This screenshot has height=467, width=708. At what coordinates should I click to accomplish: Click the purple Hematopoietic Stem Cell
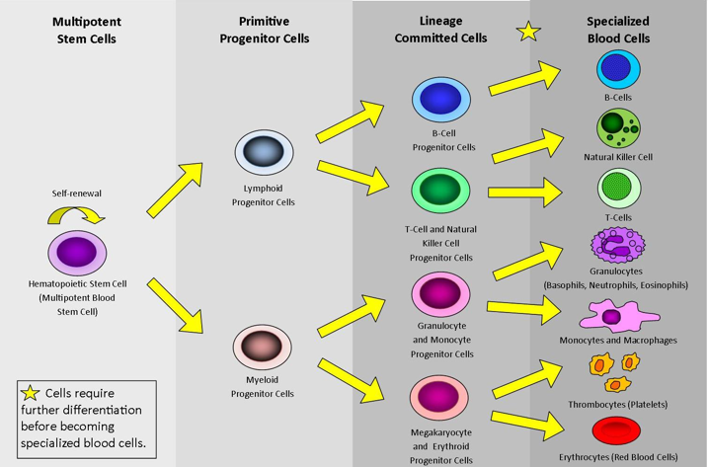[x=76, y=252]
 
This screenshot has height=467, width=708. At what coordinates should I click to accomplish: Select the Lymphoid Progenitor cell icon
[x=264, y=152]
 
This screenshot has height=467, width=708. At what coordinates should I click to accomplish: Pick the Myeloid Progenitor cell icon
[x=263, y=348]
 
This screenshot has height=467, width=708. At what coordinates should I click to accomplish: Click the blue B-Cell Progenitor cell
[x=441, y=100]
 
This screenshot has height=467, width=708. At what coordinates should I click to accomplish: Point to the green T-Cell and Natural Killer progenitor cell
[x=441, y=191]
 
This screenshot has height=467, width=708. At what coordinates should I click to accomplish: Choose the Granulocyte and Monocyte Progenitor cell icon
[x=441, y=292]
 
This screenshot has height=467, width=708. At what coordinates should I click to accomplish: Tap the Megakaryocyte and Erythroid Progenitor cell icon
[x=441, y=394]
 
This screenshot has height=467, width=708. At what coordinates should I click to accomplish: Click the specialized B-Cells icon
[x=617, y=70]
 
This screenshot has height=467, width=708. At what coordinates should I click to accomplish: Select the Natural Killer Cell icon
[x=617, y=128]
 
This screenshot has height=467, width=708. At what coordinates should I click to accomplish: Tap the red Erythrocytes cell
[x=617, y=431]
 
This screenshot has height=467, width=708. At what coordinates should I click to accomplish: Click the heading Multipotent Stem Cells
[x=84, y=31]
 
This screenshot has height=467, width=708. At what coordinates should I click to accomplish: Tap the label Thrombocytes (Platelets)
[x=617, y=404]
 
